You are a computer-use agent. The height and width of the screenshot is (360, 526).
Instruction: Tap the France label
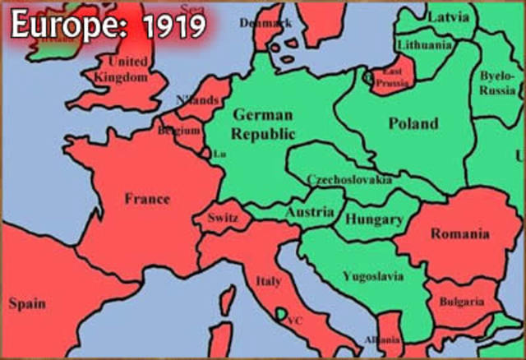pos(147,198)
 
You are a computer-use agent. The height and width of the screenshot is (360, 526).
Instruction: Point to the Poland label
pos(413,124)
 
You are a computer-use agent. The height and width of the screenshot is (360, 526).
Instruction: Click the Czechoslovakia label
pos(349,179)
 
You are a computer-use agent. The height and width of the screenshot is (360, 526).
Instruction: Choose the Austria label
pos(309,212)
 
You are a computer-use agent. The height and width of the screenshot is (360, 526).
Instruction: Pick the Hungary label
pos(374,219)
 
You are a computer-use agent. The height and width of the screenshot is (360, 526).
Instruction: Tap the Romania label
pos(459,233)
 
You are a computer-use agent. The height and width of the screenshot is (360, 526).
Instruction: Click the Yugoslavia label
pos(373,275)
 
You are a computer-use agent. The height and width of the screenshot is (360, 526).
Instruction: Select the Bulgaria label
pos(461,302)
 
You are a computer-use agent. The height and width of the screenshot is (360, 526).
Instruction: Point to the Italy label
pos(268,281)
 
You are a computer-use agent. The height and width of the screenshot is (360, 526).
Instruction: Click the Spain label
pos(27,304)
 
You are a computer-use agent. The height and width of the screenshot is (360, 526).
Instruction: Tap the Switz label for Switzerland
pos(223,219)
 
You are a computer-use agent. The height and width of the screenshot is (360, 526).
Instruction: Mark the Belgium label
pos(179,130)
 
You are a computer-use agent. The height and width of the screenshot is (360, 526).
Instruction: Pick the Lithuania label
pos(424,45)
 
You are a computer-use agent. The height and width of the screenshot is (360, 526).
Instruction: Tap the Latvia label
pos(449,16)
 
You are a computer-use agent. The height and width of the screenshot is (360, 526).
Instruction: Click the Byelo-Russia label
pos(497,83)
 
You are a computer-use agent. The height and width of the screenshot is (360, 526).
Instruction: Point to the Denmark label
pos(265,23)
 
